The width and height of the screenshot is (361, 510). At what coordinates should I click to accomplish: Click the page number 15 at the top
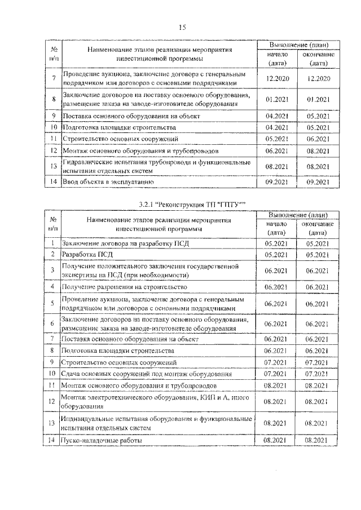pos(182,27)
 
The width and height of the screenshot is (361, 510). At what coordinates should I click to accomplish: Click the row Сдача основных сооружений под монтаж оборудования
pos(147,374)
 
